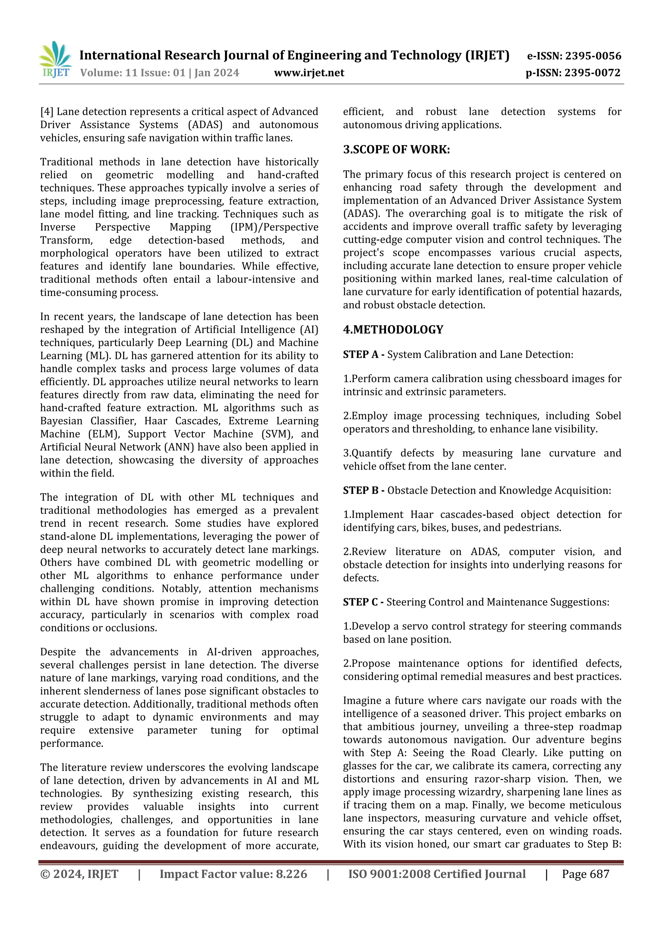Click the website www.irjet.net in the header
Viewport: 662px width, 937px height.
309,73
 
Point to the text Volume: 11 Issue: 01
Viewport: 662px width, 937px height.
132,73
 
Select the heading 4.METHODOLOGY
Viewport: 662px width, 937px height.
393,330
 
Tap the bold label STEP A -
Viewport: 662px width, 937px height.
363,354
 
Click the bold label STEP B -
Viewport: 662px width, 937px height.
363,491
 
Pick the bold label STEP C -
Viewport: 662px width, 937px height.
363,602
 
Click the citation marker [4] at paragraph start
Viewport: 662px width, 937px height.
47,112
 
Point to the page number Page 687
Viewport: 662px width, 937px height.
585,874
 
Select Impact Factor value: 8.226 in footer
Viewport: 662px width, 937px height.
233,874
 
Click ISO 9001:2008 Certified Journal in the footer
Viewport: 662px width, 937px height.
437,874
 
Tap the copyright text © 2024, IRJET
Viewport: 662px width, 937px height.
79,874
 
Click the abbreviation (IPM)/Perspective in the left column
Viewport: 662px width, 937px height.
274,227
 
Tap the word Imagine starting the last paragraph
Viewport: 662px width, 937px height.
361,701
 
